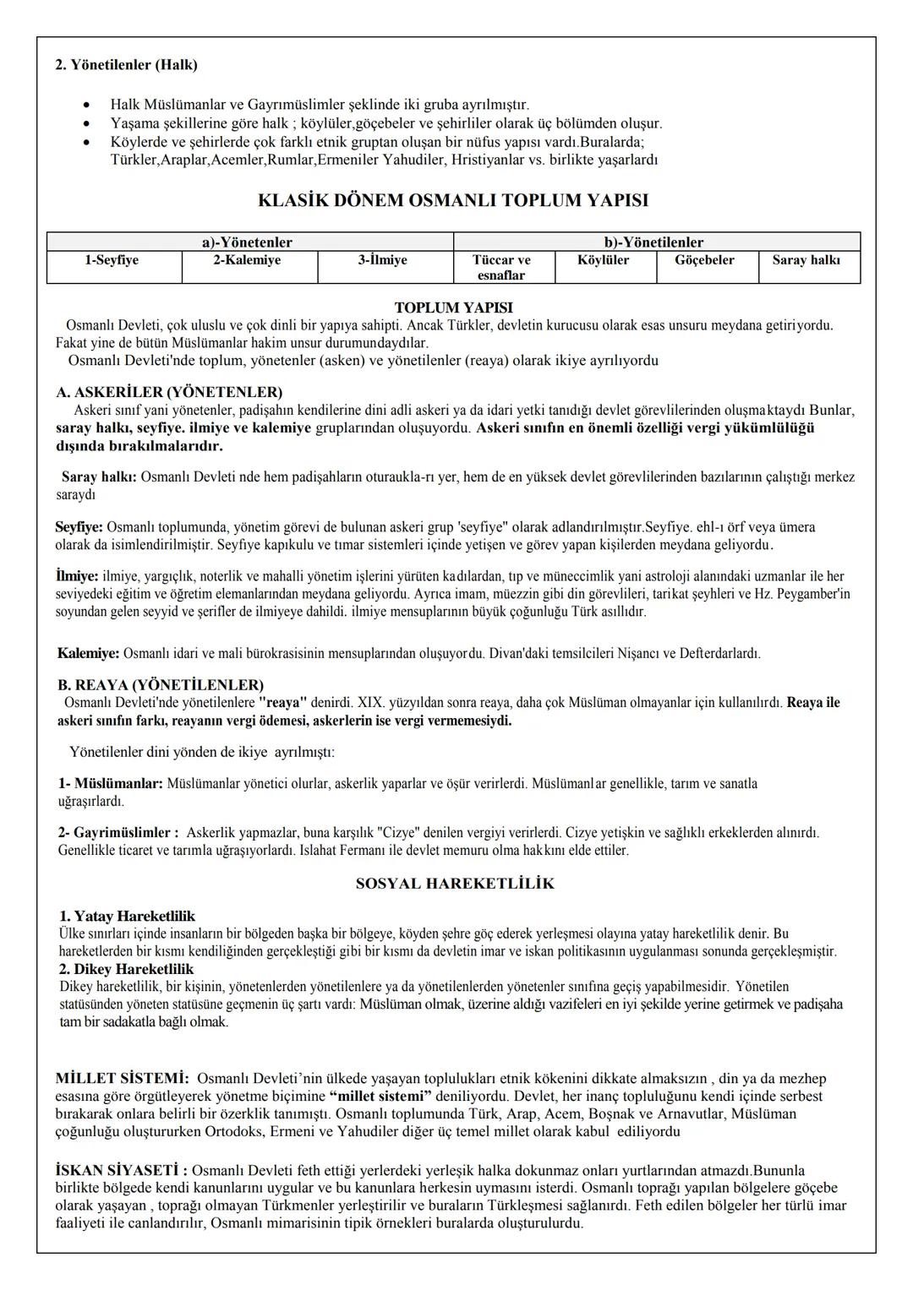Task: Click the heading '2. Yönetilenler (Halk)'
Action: click(126, 64)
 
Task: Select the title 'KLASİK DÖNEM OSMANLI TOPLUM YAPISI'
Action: click(453, 201)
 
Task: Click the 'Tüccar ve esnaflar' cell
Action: click(502, 268)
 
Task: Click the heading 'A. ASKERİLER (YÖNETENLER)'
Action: click(169, 392)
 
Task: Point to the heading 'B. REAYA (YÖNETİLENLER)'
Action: click(161, 684)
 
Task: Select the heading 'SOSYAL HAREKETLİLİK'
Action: click(455, 884)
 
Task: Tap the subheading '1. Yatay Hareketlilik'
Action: click(127, 917)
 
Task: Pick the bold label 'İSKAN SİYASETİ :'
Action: click(122, 1171)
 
